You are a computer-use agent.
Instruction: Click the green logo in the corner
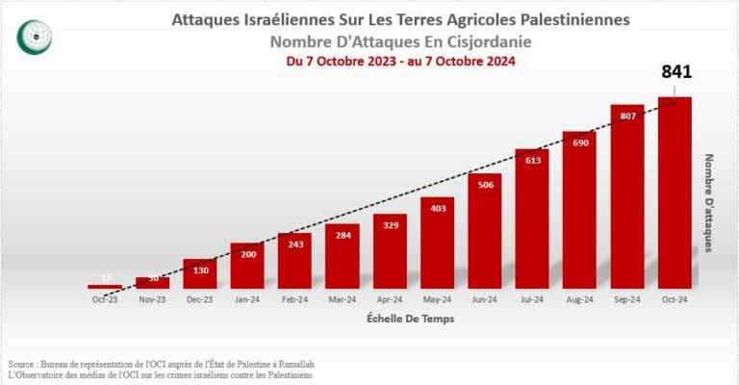click(36, 36)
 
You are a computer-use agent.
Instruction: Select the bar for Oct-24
click(675, 192)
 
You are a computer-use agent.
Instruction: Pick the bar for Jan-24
click(247, 266)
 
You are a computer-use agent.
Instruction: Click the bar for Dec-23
click(199, 273)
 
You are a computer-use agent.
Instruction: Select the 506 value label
click(485, 186)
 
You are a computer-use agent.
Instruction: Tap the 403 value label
click(437, 209)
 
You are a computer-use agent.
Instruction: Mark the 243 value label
click(294, 244)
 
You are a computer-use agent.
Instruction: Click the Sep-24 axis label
click(627, 299)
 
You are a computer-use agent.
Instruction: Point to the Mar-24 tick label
click(342, 299)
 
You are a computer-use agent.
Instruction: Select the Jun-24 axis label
click(485, 299)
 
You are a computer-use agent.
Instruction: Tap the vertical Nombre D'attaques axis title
click(709, 203)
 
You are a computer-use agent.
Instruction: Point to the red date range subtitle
click(401, 61)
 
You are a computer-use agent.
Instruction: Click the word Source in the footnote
click(22, 364)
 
